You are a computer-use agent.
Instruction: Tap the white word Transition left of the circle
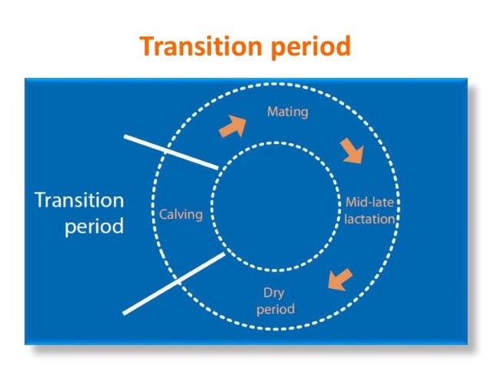(78, 200)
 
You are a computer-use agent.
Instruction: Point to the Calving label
(180, 213)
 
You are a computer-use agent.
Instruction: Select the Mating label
(287, 112)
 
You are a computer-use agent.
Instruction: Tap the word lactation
(369, 219)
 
